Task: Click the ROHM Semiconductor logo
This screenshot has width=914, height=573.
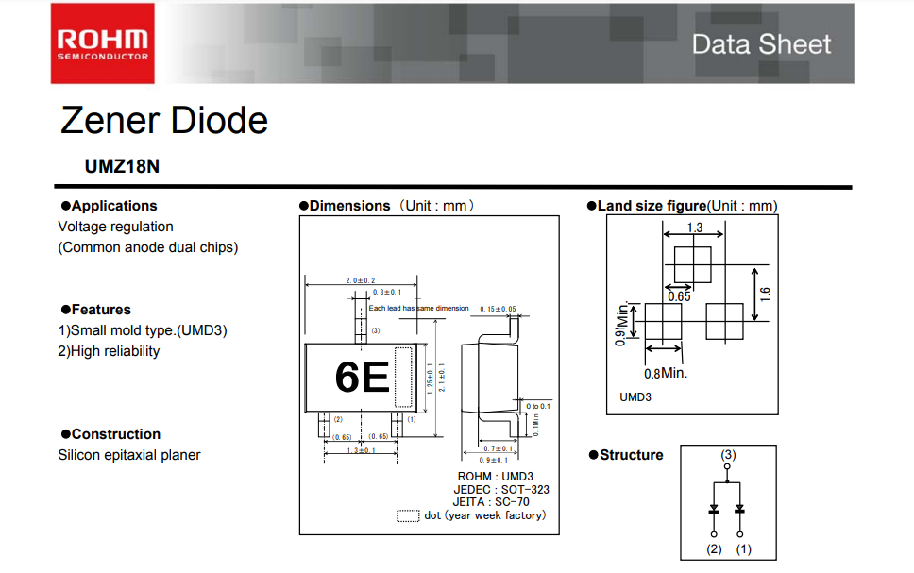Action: point(103,43)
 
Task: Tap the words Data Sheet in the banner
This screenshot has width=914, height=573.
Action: point(761,44)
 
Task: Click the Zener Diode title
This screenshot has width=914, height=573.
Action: point(164,120)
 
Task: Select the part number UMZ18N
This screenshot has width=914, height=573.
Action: point(122,166)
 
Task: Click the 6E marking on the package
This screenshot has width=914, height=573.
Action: point(362,378)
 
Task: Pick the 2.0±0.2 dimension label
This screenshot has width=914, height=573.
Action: point(360,280)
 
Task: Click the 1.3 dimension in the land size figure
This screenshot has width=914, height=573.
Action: point(695,228)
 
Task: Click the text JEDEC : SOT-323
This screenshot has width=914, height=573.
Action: point(500,489)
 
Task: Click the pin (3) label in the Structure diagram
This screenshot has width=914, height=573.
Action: point(728,455)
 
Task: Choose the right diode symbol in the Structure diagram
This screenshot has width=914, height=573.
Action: point(741,509)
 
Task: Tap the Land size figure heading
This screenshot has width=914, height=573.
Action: point(652,206)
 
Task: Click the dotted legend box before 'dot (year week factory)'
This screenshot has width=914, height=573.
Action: point(408,515)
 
